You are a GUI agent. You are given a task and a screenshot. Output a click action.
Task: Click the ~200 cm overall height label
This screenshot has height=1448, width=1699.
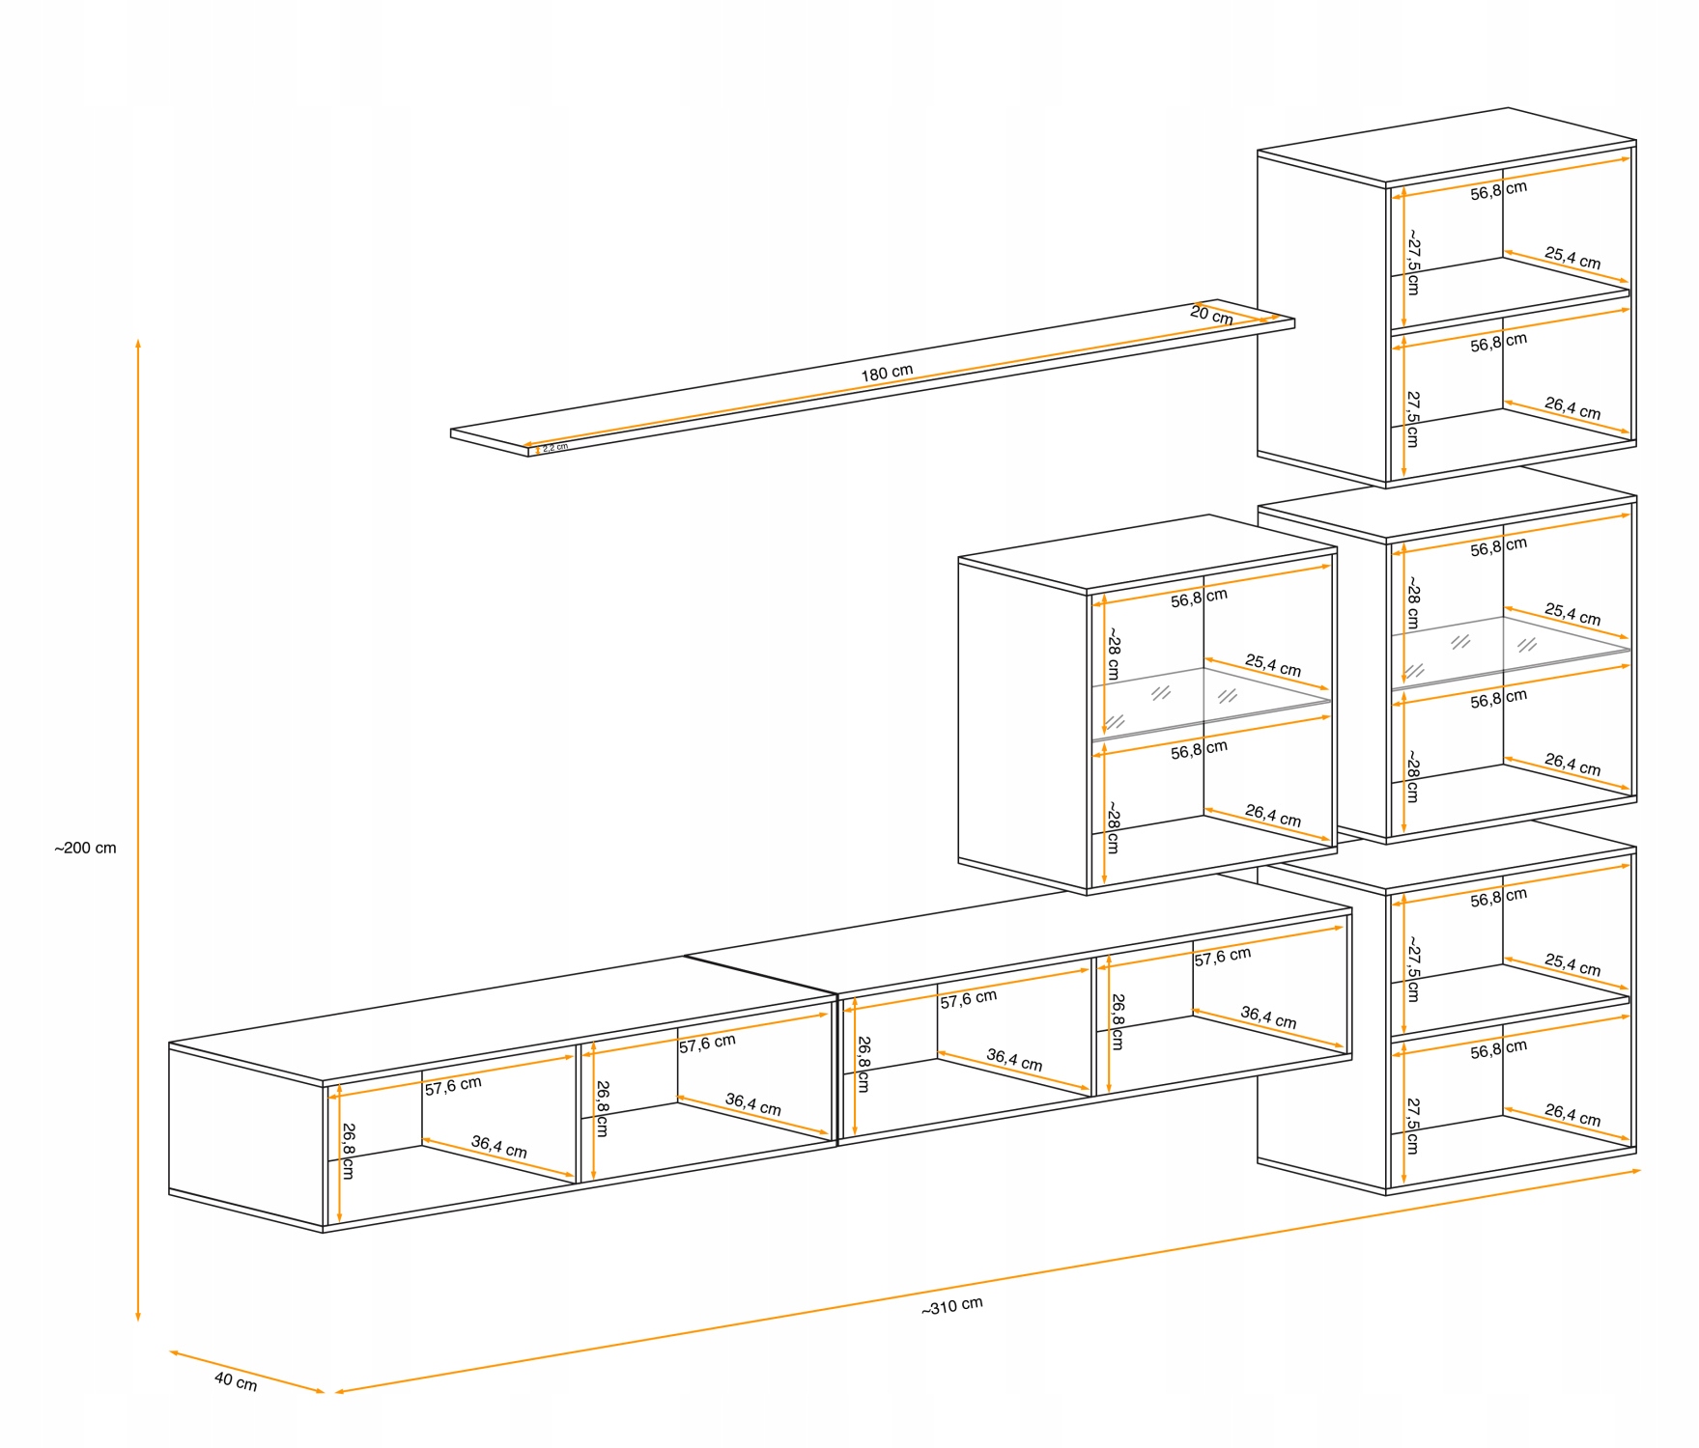[x=85, y=849]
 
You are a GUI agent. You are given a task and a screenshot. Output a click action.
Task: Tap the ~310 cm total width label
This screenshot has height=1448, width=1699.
[x=951, y=1306]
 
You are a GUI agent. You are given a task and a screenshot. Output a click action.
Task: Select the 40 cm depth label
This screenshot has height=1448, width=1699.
[x=236, y=1381]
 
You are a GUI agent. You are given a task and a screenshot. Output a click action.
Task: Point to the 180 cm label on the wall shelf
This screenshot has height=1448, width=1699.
[x=887, y=373]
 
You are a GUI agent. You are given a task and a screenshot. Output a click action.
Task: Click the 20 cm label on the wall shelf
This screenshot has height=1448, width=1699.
[x=1211, y=315]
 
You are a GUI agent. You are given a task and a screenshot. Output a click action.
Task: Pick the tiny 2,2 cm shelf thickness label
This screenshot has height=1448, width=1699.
[x=554, y=448]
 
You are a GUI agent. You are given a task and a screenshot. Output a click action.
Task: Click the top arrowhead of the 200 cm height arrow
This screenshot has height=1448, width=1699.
[x=138, y=343]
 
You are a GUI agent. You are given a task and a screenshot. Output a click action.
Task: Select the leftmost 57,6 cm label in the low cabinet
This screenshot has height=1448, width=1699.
[x=453, y=1086]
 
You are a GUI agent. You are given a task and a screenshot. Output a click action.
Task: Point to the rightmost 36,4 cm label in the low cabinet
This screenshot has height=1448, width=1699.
[x=1268, y=1017]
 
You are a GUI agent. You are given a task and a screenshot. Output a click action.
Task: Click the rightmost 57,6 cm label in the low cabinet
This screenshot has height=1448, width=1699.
[x=1222, y=957]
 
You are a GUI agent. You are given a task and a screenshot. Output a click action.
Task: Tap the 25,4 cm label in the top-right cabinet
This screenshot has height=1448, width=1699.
[x=1572, y=258]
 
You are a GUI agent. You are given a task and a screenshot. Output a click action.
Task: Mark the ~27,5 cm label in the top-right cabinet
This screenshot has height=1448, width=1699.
[x=1413, y=262]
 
